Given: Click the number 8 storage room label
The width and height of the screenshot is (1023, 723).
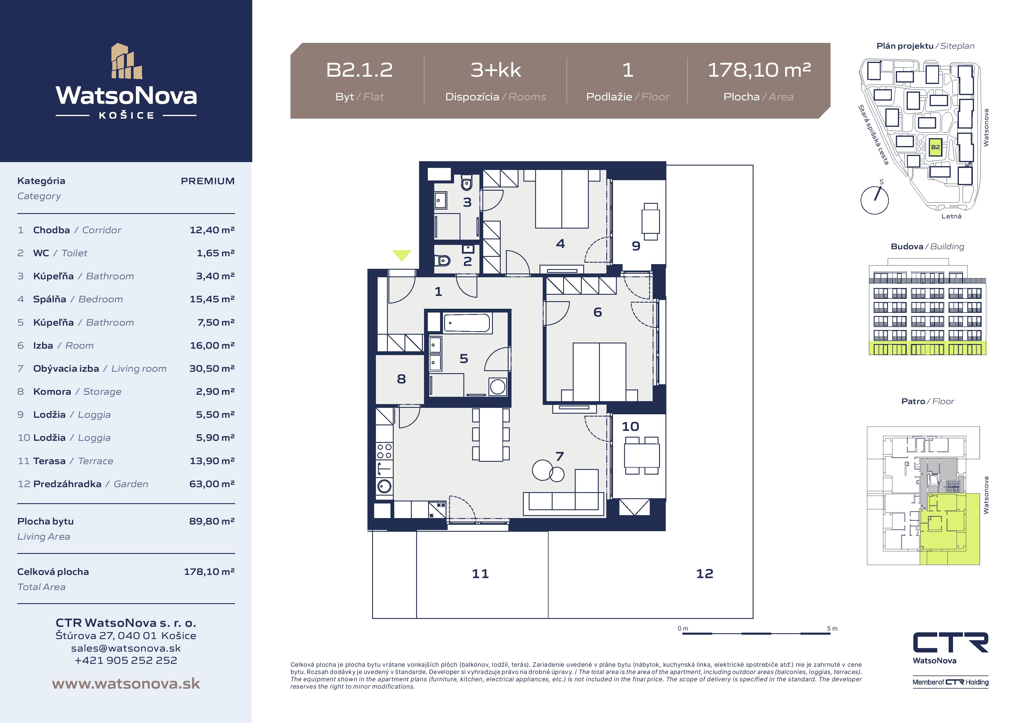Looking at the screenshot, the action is [x=402, y=379].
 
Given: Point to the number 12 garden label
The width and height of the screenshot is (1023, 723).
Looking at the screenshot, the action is [x=705, y=573].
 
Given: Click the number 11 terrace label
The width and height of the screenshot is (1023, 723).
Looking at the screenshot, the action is [x=480, y=573].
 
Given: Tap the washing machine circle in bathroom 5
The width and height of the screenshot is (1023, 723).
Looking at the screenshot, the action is [x=498, y=387].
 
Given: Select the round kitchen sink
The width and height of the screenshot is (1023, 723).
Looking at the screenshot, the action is [x=384, y=486].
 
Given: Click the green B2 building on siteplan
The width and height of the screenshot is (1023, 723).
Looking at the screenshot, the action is [x=935, y=147].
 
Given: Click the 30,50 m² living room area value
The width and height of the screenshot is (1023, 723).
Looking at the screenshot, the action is [x=212, y=368].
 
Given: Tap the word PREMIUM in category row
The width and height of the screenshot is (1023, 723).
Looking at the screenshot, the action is [x=208, y=181].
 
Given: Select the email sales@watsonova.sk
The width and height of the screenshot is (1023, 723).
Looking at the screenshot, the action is [x=126, y=648].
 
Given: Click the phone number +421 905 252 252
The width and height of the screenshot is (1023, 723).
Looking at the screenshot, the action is [x=126, y=660].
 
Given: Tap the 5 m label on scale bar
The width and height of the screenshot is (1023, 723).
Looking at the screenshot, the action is [x=832, y=629].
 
